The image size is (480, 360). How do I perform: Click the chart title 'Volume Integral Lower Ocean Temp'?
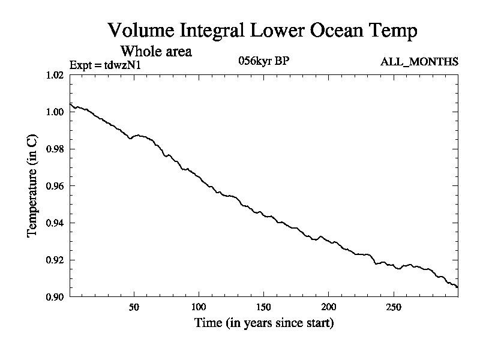click(262, 31)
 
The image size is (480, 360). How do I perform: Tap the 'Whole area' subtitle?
click(156, 52)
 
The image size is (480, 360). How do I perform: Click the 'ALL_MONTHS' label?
click(419, 62)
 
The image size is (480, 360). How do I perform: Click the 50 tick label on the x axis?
click(134, 307)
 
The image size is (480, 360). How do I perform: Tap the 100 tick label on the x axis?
click(199, 307)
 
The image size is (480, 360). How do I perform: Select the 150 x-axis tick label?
click(264, 307)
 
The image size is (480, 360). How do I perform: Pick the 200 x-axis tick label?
click(329, 307)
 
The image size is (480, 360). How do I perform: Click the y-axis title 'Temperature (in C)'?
click(33, 186)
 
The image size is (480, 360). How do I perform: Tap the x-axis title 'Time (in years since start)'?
click(264, 323)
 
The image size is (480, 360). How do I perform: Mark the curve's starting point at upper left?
click(71, 104)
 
